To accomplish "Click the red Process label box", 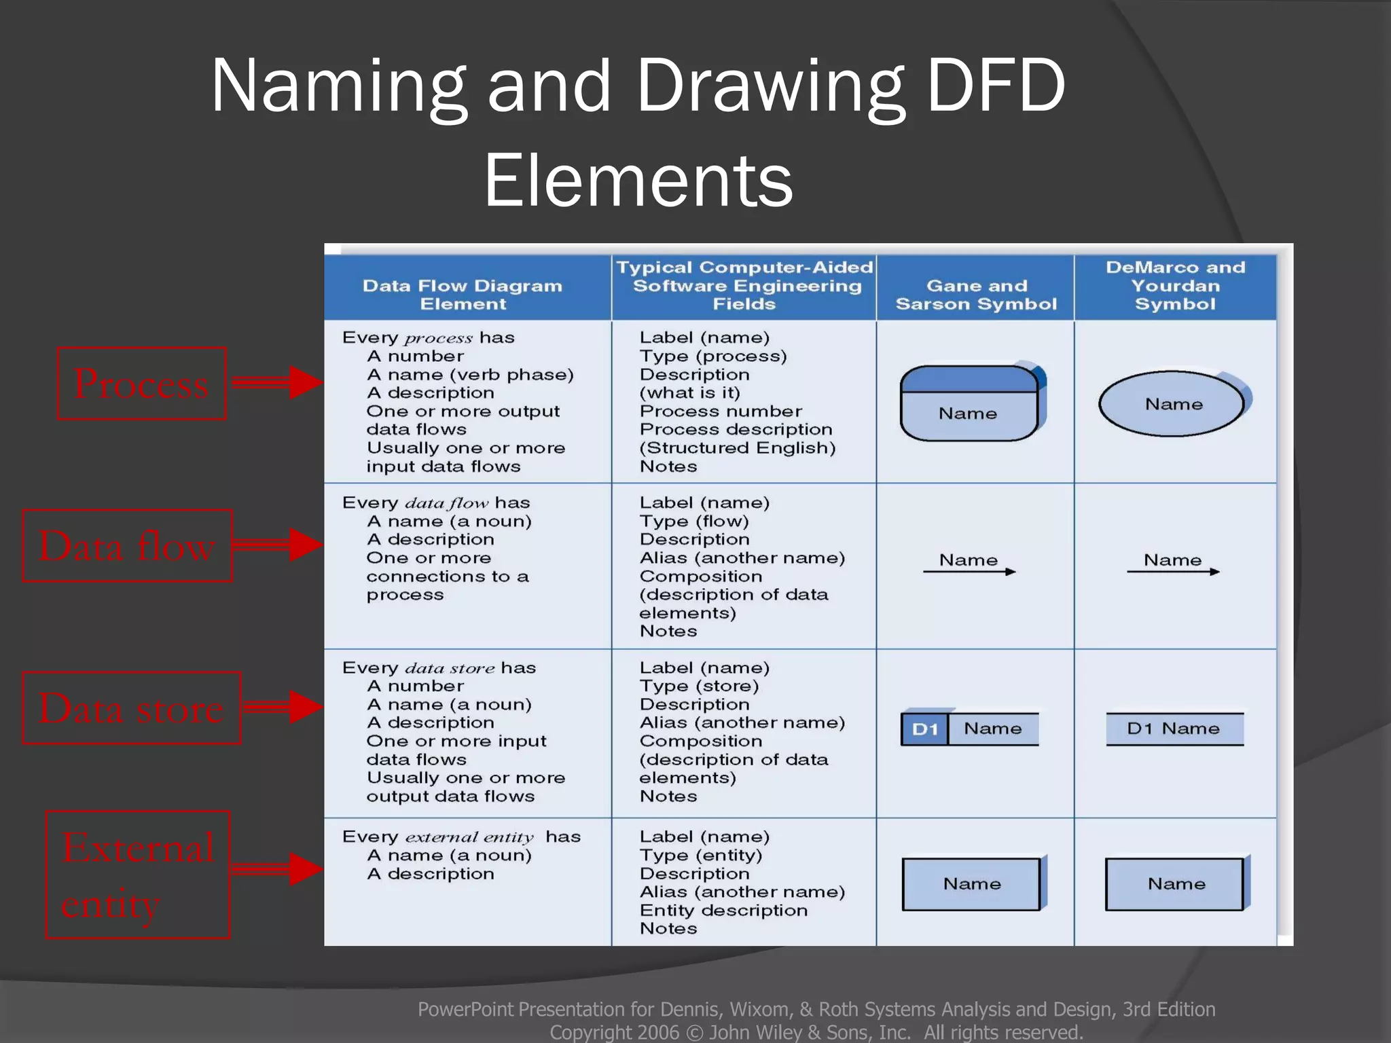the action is pyautogui.click(x=141, y=384).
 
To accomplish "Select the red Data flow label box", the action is pyautogui.click(x=127, y=546).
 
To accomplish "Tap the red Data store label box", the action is pyautogui.click(x=131, y=708).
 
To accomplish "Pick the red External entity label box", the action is pyautogui.click(x=138, y=875).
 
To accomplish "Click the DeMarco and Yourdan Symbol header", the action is pyautogui.click(x=1175, y=286).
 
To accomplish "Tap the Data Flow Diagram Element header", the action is pyautogui.click(x=463, y=295).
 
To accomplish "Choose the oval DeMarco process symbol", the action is pyautogui.click(x=1172, y=404).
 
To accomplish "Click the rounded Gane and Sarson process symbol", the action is pyautogui.click(x=969, y=404).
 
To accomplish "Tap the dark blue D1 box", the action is pyautogui.click(x=924, y=729).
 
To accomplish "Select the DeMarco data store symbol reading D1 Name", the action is pyautogui.click(x=1174, y=729).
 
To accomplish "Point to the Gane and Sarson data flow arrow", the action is pyautogui.click(x=969, y=572).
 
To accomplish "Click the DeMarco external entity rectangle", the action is pyautogui.click(x=1175, y=884).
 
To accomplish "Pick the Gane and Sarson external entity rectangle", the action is pyautogui.click(x=971, y=884).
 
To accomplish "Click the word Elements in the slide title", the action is pyautogui.click(x=638, y=180).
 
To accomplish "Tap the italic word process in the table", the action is pyautogui.click(x=438, y=338).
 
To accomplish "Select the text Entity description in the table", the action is pyautogui.click(x=723, y=911).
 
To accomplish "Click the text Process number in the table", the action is pyautogui.click(x=721, y=411).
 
